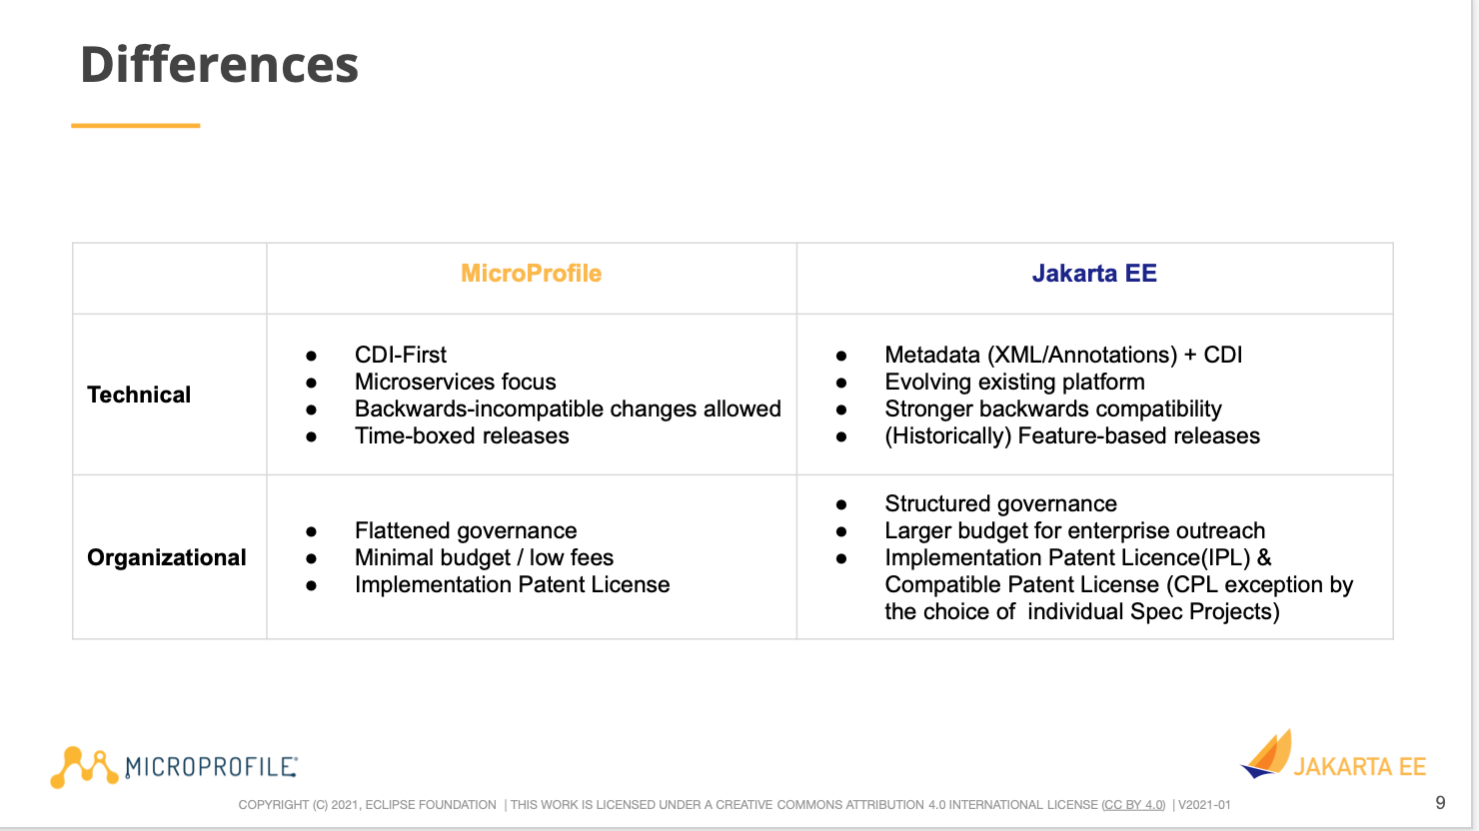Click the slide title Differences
click(x=219, y=65)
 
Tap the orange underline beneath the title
click(x=135, y=126)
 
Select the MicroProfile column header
click(x=531, y=274)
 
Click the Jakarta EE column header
click(x=1094, y=274)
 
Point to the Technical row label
click(x=139, y=395)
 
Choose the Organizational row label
click(x=166, y=557)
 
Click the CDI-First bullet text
click(x=400, y=356)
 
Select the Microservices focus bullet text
click(x=455, y=383)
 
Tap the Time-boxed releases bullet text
click(x=462, y=436)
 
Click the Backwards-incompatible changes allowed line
click(x=568, y=410)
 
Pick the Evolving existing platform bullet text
click(x=1014, y=383)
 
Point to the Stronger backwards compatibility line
click(x=1053, y=410)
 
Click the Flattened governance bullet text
click(x=466, y=530)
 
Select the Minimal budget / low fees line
click(x=484, y=557)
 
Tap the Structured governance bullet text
click(x=1000, y=503)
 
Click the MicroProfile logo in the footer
click(x=174, y=767)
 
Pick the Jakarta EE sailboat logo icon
click(x=1266, y=754)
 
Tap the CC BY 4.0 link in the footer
click(x=1133, y=805)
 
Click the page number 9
click(x=1440, y=803)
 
